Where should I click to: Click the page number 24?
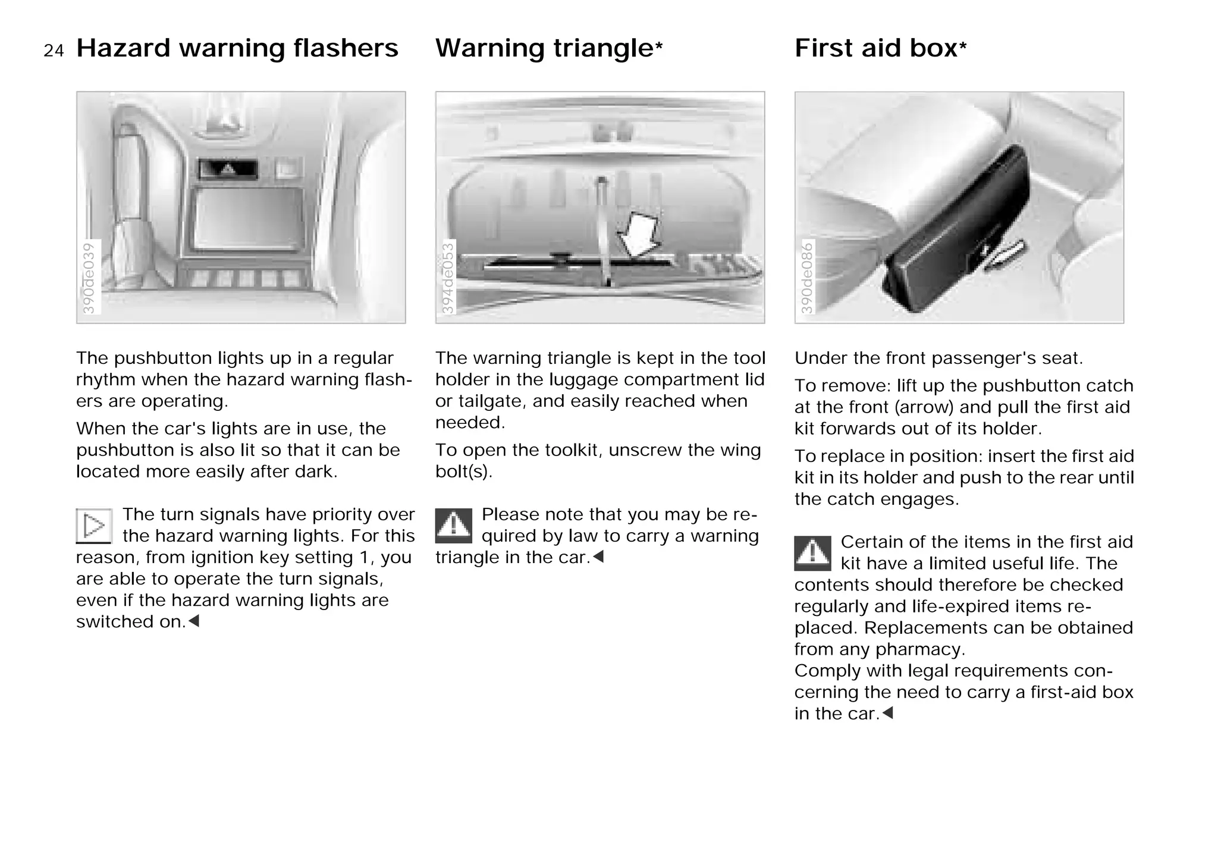54,51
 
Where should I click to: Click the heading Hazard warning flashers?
237,48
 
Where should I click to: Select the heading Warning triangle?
544,48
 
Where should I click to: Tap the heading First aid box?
875,48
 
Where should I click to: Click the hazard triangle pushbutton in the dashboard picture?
228,170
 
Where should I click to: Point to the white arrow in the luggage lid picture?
639,235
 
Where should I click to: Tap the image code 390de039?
89,278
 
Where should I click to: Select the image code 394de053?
448,278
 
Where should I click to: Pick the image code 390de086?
807,278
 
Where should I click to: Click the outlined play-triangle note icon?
94,526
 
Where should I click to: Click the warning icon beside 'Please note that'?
454,526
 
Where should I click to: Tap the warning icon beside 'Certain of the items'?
812,553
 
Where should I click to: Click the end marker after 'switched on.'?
194,621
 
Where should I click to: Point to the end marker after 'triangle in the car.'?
598,557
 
